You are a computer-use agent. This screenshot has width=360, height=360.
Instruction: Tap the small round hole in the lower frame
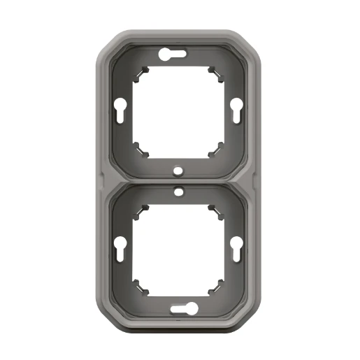180,191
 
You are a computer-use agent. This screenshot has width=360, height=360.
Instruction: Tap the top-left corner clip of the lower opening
145,210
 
